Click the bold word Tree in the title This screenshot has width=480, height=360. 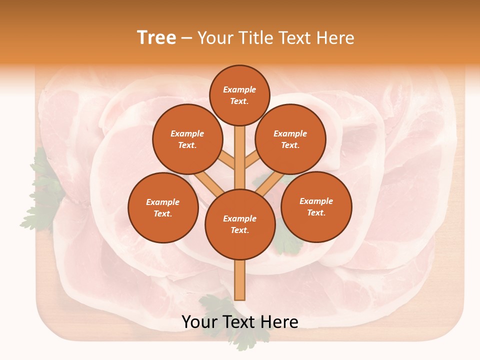click(156, 38)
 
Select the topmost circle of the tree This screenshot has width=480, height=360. click(239, 95)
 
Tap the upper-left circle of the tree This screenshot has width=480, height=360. click(187, 139)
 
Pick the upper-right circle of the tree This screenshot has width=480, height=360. click(290, 139)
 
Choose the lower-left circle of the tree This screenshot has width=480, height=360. click(163, 207)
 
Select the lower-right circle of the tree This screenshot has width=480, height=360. click(316, 206)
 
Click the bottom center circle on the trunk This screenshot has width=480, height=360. click(239, 224)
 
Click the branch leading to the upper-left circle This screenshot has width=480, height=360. click(226, 160)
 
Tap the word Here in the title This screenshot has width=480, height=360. click(334, 38)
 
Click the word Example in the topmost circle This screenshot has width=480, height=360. click(239, 89)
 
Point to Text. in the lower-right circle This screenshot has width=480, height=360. click(316, 212)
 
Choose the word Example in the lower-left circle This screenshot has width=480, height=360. click(163, 202)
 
